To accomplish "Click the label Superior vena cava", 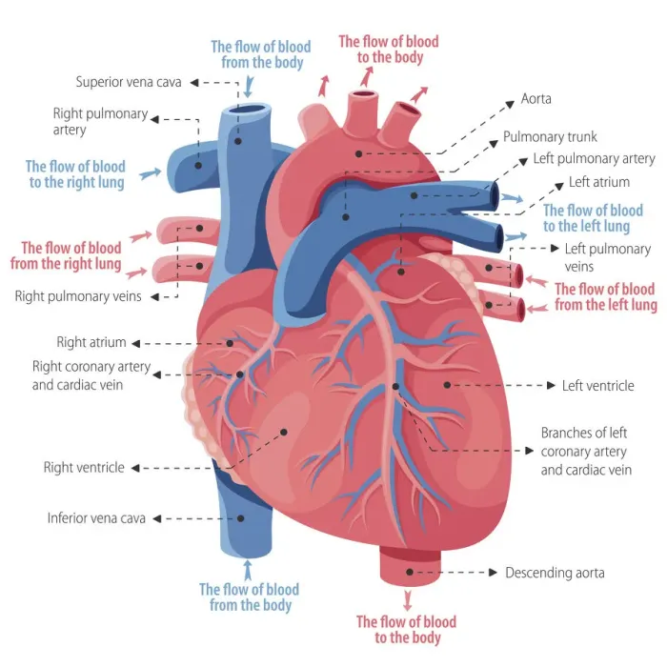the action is click(129, 82).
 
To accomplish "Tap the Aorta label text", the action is click(536, 99).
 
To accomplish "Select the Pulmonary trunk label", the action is click(550, 136).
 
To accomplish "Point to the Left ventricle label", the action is click(598, 385).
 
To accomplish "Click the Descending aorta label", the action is click(555, 573).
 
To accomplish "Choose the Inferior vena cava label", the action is click(96, 518).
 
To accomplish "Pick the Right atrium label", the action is click(91, 342).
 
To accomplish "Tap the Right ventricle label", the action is click(84, 468).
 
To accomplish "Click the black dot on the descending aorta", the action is click(410, 572).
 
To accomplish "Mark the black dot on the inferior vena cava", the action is click(241, 518).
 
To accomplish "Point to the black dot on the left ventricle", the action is click(447, 385).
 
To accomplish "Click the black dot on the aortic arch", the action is click(359, 154).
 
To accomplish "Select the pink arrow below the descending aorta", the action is click(408, 599).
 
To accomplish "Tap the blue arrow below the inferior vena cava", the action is click(248, 570).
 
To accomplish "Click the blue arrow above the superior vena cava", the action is click(249, 88).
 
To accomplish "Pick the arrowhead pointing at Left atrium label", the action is click(560, 187).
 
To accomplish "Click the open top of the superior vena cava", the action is click(250, 110).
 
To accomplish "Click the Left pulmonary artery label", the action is click(595, 159).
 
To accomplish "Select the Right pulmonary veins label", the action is click(78, 296).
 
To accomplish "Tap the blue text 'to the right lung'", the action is click(77, 183).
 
